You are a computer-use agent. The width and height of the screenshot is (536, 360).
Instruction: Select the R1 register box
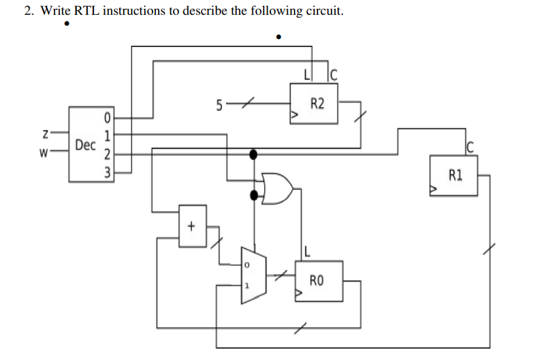(x=454, y=176)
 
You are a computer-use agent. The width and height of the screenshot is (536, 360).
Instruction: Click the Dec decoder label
(x=85, y=145)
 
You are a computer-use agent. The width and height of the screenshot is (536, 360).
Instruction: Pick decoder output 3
(x=106, y=172)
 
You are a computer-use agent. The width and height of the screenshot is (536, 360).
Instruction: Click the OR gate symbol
(x=278, y=188)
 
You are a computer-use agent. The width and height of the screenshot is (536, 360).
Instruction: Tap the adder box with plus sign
(x=191, y=226)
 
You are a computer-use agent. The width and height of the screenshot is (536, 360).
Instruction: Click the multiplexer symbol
(x=253, y=275)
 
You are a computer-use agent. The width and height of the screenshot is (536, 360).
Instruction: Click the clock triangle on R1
(x=434, y=192)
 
